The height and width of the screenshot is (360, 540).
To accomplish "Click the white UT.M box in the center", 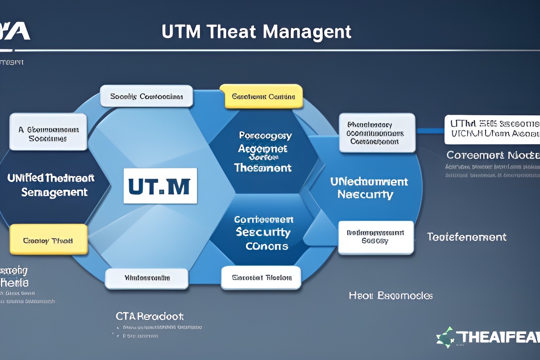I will click(x=160, y=186).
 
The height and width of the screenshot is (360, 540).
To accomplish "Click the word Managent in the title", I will click(x=307, y=32).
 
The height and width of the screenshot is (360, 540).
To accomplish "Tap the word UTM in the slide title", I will click(x=181, y=32).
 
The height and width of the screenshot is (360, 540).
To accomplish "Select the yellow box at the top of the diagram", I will click(x=263, y=96).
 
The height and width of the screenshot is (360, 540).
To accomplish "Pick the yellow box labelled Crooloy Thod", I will click(x=48, y=240).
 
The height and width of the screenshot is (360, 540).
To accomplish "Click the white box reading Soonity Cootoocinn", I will click(x=147, y=96).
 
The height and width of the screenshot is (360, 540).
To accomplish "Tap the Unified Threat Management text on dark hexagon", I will click(x=51, y=185).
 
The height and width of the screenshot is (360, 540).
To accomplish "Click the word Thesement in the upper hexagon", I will click(x=263, y=168).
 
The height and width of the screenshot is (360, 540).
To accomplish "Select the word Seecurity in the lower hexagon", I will click(x=263, y=232).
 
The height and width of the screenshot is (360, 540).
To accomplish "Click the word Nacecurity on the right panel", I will click(x=365, y=194).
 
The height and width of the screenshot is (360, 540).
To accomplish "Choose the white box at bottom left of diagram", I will click(x=147, y=278).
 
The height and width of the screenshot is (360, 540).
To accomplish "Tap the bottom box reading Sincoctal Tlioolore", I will click(x=261, y=278).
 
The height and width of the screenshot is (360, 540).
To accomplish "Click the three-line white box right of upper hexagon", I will click(x=377, y=133).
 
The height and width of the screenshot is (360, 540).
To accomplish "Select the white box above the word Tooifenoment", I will click(x=375, y=237).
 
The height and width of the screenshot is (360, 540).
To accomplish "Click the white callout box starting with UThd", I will click(x=492, y=129).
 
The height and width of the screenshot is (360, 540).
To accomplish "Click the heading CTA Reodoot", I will click(x=149, y=316).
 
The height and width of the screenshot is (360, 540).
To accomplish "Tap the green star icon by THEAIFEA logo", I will click(x=446, y=337).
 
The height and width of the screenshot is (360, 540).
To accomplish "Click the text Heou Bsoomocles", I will click(x=390, y=296).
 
